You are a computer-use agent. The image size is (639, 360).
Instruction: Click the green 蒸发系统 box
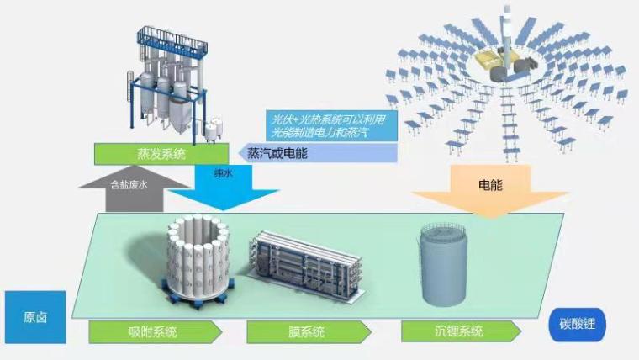click(161, 154)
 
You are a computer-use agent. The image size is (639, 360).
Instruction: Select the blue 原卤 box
click(35, 318)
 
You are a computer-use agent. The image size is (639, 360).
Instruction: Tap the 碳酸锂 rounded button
click(577, 323)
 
